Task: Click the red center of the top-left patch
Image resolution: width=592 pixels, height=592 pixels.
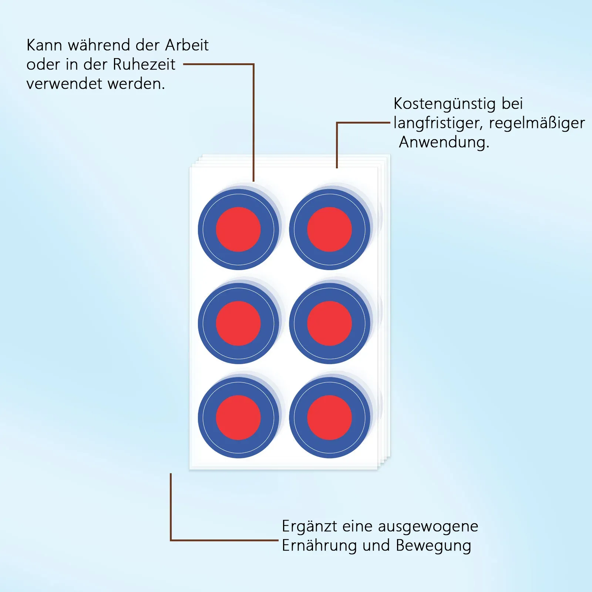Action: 238,229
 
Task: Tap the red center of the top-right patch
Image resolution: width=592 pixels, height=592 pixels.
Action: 329,229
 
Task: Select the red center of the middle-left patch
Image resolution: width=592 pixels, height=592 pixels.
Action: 238,323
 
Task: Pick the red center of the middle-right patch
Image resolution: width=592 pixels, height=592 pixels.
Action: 329,323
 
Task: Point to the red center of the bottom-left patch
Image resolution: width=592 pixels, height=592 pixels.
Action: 238,418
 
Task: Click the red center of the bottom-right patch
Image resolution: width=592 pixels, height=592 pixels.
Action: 329,418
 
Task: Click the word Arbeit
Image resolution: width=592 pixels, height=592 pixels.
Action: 187,45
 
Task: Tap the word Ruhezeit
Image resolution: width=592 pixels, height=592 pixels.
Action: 144,64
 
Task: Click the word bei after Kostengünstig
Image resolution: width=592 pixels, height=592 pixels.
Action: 512,104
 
